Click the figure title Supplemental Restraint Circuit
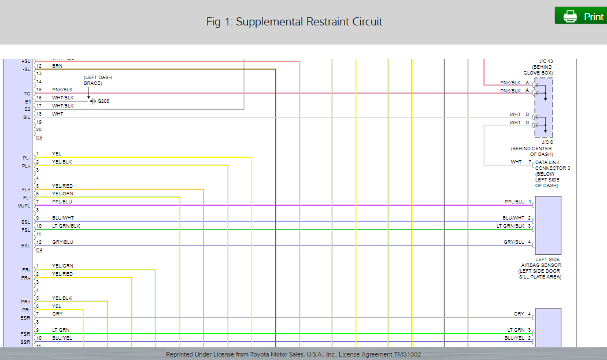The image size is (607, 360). point(294,22)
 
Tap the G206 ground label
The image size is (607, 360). point(103,101)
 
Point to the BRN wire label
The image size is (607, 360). point(57,66)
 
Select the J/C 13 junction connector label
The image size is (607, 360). point(546,61)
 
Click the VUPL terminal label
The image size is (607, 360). point(24,206)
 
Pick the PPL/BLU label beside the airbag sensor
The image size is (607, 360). point(514,202)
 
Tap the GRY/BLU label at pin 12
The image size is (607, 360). point(62,242)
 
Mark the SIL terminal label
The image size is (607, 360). point(27,117)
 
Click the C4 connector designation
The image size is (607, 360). point(39,250)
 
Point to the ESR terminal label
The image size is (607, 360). point(25,318)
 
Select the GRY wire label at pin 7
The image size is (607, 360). point(57,314)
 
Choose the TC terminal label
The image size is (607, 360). point(27,94)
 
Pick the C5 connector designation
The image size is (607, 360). point(39,138)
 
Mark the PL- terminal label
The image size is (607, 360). point(27,158)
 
